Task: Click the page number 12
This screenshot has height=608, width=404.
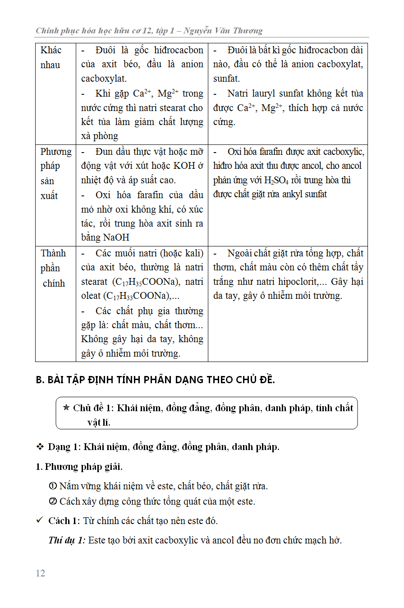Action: coord(40,573)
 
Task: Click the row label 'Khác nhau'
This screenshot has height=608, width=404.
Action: coord(50,57)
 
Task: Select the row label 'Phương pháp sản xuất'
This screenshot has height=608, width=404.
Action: coord(55,173)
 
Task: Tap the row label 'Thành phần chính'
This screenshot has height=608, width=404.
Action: coord(54,268)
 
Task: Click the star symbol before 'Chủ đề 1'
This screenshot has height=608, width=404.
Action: coord(66,408)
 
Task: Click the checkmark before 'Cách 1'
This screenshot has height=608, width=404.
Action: coord(40,520)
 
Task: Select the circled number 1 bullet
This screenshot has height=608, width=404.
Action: coord(52,486)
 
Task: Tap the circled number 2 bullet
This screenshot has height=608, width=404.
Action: coord(52,501)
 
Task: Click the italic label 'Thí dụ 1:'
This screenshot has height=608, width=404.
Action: coord(67,540)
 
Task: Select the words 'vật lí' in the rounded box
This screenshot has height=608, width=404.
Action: coord(99,422)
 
